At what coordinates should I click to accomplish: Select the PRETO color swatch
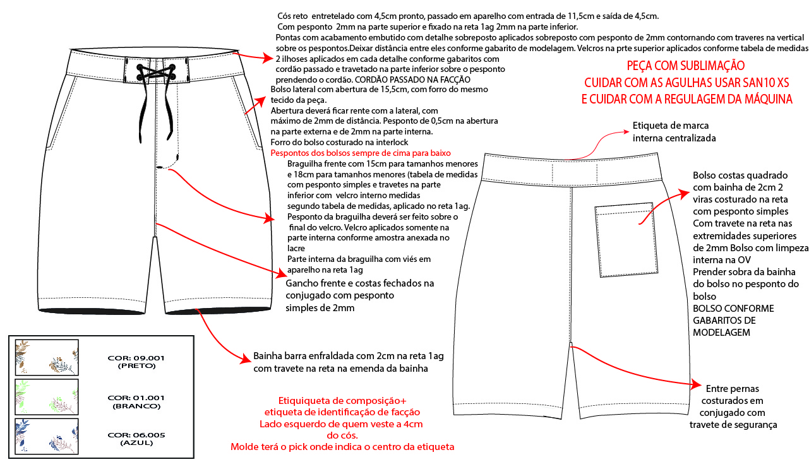47,357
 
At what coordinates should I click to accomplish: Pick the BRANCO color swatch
47,397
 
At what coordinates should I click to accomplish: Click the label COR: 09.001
136,357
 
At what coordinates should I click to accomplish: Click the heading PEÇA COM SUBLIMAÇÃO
685,66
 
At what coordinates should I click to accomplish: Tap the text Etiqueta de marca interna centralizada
674,131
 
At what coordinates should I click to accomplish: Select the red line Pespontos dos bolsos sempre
360,153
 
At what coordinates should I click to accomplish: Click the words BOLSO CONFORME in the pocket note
733,309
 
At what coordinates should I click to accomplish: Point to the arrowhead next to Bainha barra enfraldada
247,358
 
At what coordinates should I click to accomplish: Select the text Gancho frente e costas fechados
360,283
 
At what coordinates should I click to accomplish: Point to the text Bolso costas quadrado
740,175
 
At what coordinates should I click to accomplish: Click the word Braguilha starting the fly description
309,164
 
